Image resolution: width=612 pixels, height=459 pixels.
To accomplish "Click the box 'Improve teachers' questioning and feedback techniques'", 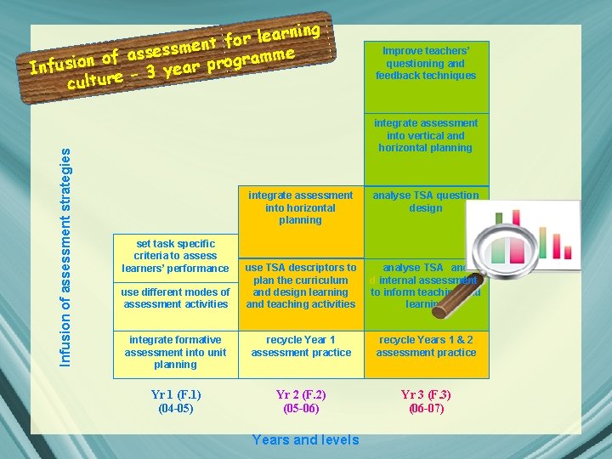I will pyautogui.click(x=426, y=64).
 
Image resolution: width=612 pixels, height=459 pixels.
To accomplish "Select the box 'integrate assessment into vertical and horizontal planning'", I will pyautogui.click(x=426, y=136).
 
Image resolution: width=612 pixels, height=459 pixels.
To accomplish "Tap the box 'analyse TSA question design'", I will pyautogui.click(x=426, y=202).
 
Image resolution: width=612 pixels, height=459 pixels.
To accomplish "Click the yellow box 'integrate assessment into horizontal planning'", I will pyautogui.click(x=300, y=208).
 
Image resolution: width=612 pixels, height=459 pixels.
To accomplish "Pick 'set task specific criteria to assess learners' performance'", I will pyautogui.click(x=175, y=256).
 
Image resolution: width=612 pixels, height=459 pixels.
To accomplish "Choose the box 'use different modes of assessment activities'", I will pyautogui.click(x=176, y=298).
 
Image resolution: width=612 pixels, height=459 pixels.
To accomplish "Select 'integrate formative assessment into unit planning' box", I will pyautogui.click(x=175, y=352).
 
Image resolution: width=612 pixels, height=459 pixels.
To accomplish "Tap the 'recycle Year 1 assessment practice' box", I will pyautogui.click(x=300, y=346).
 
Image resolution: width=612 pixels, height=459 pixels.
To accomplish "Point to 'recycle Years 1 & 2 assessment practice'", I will pyautogui.click(x=426, y=346).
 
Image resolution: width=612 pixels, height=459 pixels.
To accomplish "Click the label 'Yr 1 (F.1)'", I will pyautogui.click(x=176, y=394).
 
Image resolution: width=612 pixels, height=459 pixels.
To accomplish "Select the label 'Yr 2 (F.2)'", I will pyautogui.click(x=301, y=394).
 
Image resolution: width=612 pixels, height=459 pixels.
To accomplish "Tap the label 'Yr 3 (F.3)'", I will pyautogui.click(x=426, y=394).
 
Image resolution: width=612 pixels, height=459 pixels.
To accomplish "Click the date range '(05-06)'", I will pyautogui.click(x=301, y=409).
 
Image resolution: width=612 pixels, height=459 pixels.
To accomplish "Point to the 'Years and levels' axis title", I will pyautogui.click(x=306, y=439).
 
